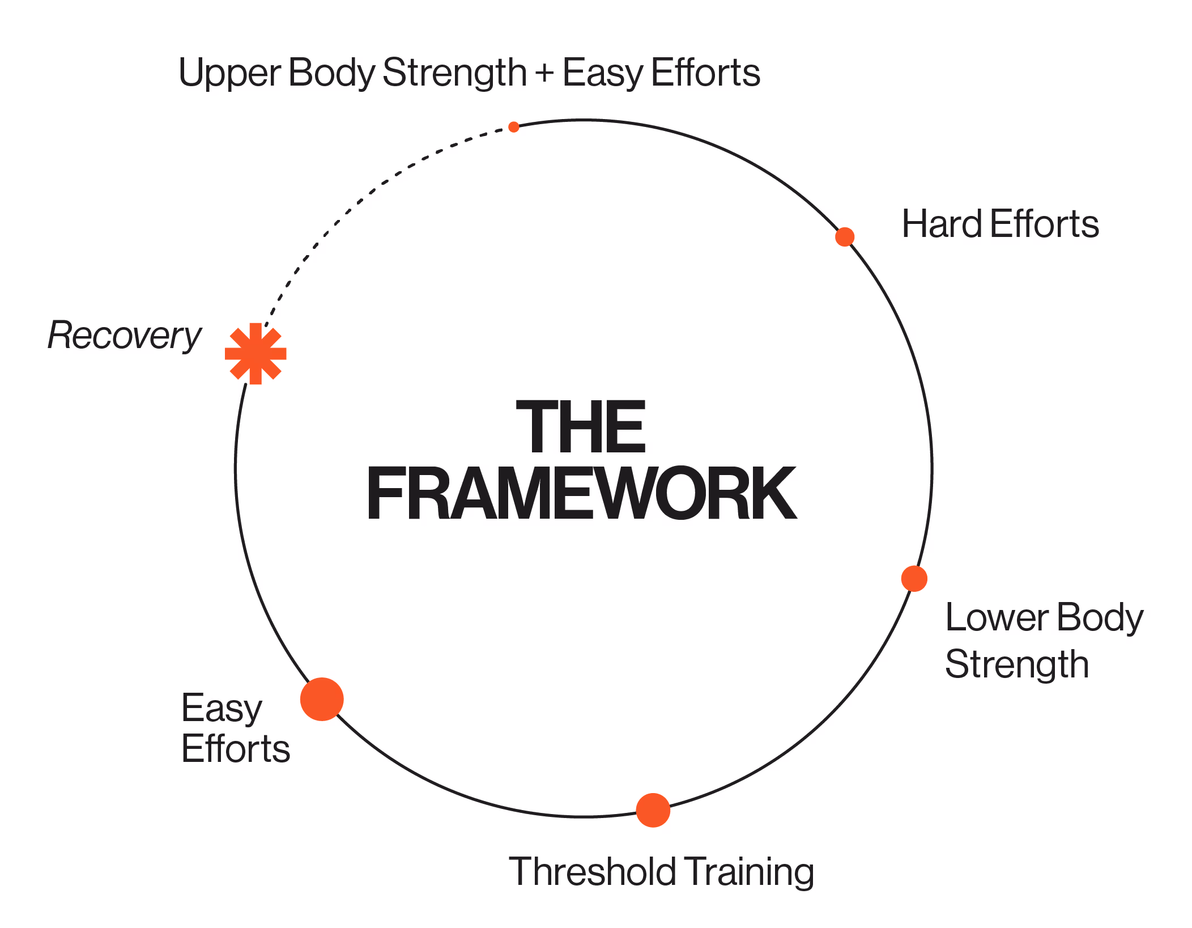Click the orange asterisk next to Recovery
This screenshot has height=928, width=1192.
click(256, 354)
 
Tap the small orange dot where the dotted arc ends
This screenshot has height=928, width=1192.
click(514, 127)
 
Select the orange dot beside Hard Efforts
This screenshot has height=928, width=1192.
click(845, 236)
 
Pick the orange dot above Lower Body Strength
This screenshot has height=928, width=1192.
click(914, 579)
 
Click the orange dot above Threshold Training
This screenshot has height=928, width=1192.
click(653, 810)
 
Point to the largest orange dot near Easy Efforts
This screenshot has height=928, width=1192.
click(322, 699)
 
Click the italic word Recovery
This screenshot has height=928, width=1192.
click(124, 335)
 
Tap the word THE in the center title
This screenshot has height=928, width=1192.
click(581, 426)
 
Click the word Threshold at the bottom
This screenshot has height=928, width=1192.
click(592, 871)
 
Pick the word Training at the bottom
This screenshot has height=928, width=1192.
click(749, 872)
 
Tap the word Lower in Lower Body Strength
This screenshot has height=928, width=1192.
click(997, 617)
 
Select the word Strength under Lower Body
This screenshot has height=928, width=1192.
click(1017, 665)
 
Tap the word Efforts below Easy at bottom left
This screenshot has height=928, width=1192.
click(236, 749)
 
